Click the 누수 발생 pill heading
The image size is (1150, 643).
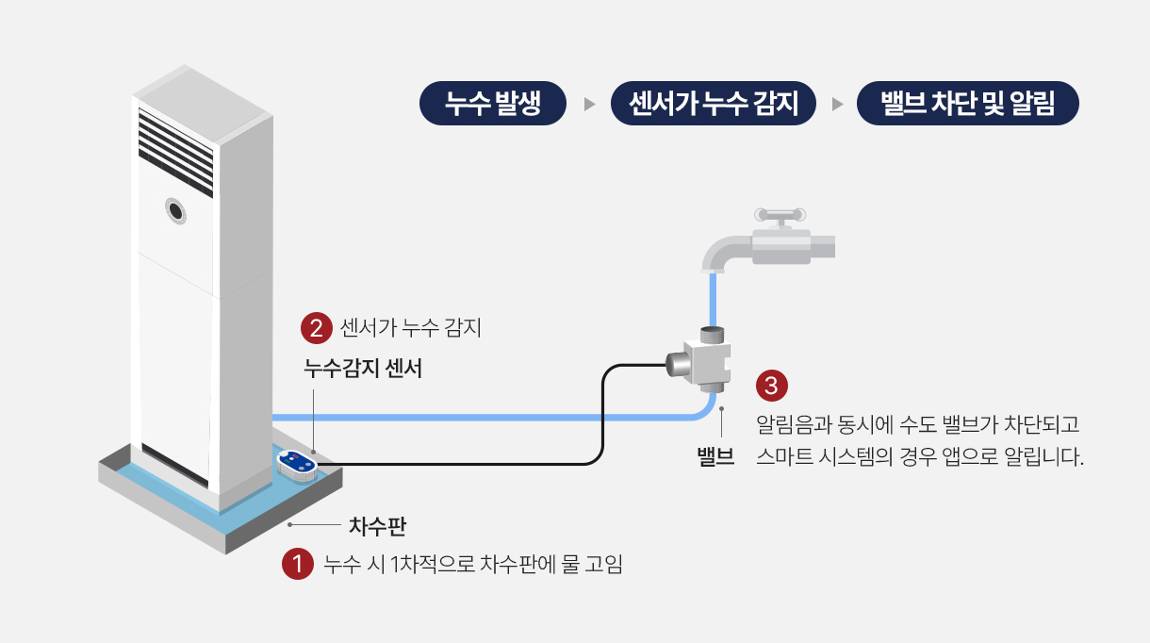(493, 103)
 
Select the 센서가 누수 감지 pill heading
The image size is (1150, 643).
(714, 103)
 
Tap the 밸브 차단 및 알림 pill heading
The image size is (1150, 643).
(968, 103)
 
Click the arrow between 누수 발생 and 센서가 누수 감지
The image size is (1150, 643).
(589, 105)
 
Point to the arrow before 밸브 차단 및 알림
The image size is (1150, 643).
(837, 105)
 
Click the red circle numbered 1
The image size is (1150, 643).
(298, 564)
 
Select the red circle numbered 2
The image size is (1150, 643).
(317, 328)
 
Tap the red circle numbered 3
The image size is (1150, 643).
(772, 386)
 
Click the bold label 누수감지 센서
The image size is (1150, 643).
(363, 369)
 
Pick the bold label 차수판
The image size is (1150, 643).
(377, 526)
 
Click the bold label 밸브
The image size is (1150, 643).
(715, 456)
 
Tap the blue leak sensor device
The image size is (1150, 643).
(297, 465)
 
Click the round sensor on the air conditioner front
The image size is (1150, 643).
(175, 210)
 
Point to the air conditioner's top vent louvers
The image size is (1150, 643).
(175, 153)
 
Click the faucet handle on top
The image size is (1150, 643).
(780, 216)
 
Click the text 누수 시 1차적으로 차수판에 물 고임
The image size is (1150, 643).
(473, 565)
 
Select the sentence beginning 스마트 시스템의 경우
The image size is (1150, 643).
(919, 456)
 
